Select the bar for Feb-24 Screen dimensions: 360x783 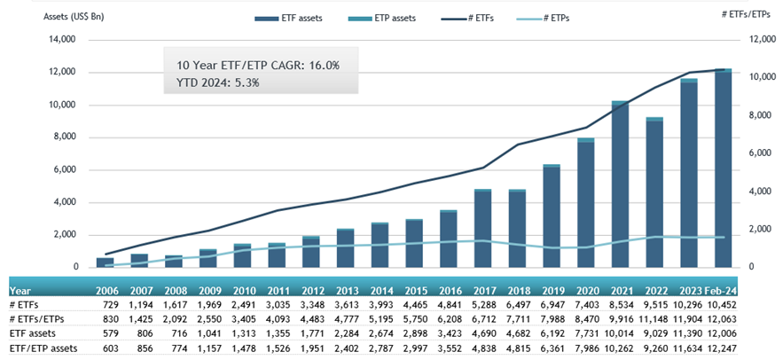[x=723, y=168]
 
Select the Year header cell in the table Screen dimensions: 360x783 [x=20, y=289]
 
